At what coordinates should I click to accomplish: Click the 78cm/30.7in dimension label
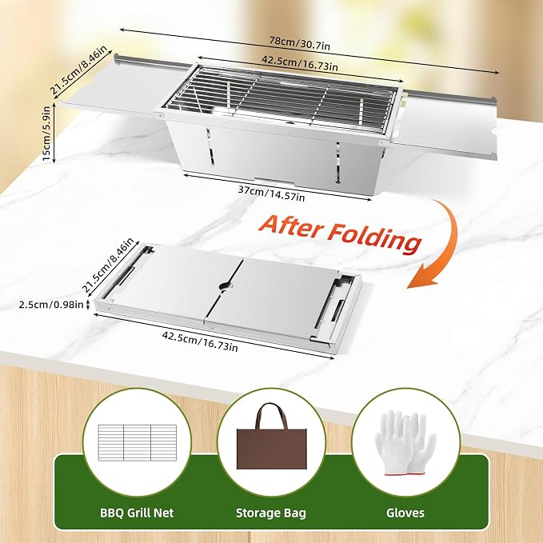[x=300, y=42]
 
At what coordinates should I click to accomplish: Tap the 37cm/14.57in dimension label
[x=271, y=194]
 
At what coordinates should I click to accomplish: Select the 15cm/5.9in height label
[x=46, y=134]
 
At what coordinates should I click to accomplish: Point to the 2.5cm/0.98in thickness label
[x=51, y=305]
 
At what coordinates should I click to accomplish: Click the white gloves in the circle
[x=405, y=442]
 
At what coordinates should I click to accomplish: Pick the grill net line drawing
[x=137, y=442]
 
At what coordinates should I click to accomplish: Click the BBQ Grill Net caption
[x=137, y=513]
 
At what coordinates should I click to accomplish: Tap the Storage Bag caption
[x=271, y=513]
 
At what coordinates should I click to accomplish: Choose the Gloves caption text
[x=405, y=513]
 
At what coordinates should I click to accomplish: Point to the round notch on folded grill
[x=226, y=286]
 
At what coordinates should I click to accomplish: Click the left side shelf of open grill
[x=114, y=85]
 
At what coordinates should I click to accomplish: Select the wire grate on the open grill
[x=281, y=98]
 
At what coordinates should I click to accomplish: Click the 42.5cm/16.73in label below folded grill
[x=200, y=341]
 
